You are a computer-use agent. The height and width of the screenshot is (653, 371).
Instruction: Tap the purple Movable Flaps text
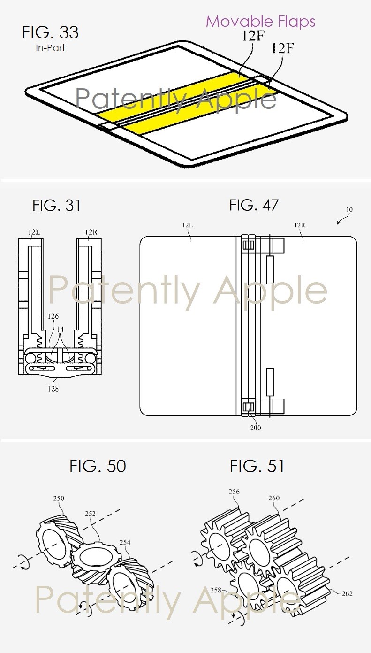pos(261,21)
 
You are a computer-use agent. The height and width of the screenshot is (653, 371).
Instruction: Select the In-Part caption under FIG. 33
pos(50,48)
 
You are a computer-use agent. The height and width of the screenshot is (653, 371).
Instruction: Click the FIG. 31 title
pos(56,205)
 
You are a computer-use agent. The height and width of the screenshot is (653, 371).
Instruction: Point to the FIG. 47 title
pos(254,205)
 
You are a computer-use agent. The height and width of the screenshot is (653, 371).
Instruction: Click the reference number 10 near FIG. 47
pos(349,209)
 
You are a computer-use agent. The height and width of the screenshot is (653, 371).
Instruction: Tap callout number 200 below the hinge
pos(256,428)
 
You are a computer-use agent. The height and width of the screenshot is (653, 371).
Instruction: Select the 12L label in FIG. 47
pos(188,225)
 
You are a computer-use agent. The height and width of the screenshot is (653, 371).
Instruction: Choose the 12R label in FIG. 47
pos(300,225)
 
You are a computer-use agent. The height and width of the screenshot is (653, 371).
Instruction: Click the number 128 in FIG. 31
pos(53,389)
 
